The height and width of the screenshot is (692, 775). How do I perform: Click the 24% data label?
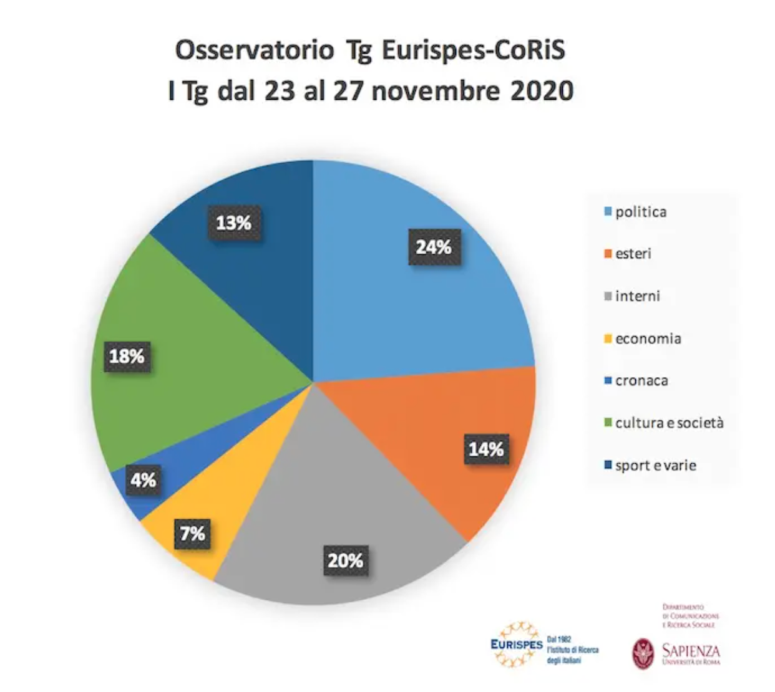[x=434, y=247]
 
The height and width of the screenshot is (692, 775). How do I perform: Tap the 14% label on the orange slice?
[x=486, y=449]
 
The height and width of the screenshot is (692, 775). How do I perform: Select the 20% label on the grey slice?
[x=345, y=560]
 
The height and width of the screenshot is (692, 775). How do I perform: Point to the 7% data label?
[x=193, y=534]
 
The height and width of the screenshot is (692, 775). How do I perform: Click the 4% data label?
[x=143, y=480]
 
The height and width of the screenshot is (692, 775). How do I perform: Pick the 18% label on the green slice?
[x=127, y=356]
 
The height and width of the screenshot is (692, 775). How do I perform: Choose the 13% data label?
[x=233, y=223]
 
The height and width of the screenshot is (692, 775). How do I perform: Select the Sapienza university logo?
[x=676, y=651]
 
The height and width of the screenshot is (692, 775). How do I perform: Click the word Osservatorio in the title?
[x=254, y=50]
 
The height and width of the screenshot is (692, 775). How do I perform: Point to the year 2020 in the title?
[x=542, y=91]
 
